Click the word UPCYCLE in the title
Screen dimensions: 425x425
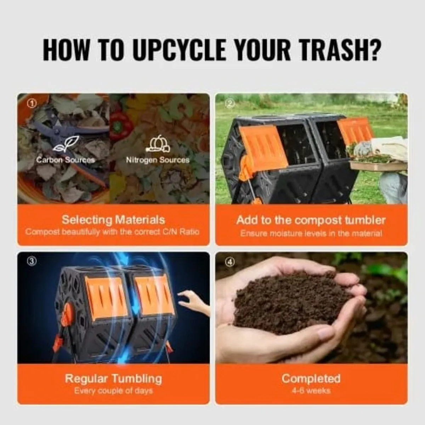pyautogui.click(x=181, y=50)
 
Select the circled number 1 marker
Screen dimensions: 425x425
pyautogui.click(x=32, y=103)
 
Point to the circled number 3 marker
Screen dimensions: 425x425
pyautogui.click(x=32, y=261)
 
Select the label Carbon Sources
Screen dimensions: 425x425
pyautogui.click(x=66, y=160)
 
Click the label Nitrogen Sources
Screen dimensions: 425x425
pyautogui.click(x=158, y=160)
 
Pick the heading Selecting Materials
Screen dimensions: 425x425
pyautogui.click(x=113, y=220)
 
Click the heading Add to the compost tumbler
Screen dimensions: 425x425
pyautogui.click(x=311, y=220)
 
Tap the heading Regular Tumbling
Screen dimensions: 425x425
pyautogui.click(x=113, y=378)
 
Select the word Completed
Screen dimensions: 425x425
pyautogui.click(x=311, y=378)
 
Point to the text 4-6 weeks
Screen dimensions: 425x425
pyautogui.click(x=311, y=391)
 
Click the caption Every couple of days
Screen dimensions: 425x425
pyautogui.click(x=113, y=391)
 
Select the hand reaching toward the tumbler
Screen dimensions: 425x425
pyautogui.click(x=193, y=301)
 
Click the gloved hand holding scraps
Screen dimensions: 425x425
pyautogui.click(x=363, y=149)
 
